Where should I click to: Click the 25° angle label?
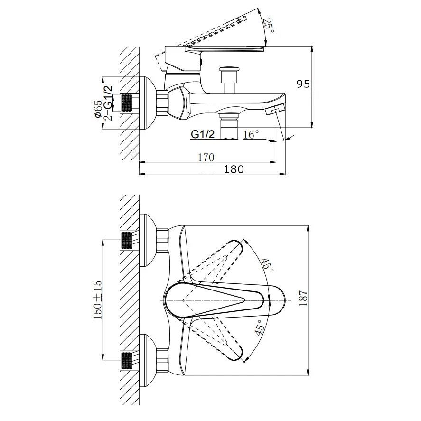coord(269,26)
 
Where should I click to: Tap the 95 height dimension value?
coord(303,84)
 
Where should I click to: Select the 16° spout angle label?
coord(251,134)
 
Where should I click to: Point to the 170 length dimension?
coord(206,157)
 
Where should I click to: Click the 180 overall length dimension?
coord(234,169)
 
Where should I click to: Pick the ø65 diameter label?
coord(98,109)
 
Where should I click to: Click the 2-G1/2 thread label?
coord(108,103)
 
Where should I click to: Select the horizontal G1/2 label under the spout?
coord(203,134)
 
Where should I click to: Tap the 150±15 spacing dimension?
coord(98,300)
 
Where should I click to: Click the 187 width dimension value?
coord(303,298)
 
